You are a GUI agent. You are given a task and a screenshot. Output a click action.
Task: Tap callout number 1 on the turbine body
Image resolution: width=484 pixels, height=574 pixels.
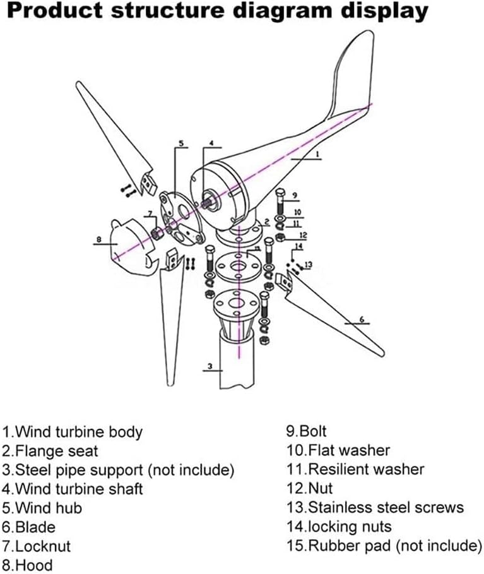(x=317, y=153)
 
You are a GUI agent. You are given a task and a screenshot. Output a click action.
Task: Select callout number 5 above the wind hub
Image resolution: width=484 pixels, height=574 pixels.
(x=180, y=144)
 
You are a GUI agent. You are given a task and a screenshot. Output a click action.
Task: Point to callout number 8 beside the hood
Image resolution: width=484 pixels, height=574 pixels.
(x=98, y=239)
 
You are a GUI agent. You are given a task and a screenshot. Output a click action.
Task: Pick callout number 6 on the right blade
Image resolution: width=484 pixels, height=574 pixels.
(x=362, y=319)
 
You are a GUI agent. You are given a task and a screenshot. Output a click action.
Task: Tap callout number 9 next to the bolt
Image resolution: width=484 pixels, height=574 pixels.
(x=294, y=195)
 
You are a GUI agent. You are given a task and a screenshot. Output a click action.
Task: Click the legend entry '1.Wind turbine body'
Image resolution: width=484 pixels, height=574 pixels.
(x=72, y=433)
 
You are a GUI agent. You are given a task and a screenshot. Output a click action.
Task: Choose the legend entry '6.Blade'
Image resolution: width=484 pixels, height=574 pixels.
(x=29, y=527)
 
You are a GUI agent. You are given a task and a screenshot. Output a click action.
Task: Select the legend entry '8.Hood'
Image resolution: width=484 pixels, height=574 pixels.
(x=28, y=565)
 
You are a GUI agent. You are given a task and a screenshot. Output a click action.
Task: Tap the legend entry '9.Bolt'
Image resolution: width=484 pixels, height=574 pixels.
(x=307, y=433)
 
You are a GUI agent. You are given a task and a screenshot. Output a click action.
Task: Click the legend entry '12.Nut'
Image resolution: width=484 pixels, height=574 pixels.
(x=309, y=489)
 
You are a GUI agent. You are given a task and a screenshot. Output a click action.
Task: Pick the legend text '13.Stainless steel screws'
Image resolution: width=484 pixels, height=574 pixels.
(x=375, y=508)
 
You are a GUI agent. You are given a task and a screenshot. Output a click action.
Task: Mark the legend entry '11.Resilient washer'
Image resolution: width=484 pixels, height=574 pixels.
(x=355, y=470)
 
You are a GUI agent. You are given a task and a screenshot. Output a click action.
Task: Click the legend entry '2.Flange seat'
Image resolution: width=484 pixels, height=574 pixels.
(x=50, y=451)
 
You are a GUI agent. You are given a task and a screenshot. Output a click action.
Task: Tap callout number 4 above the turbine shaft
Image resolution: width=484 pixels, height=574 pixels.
(x=212, y=143)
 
